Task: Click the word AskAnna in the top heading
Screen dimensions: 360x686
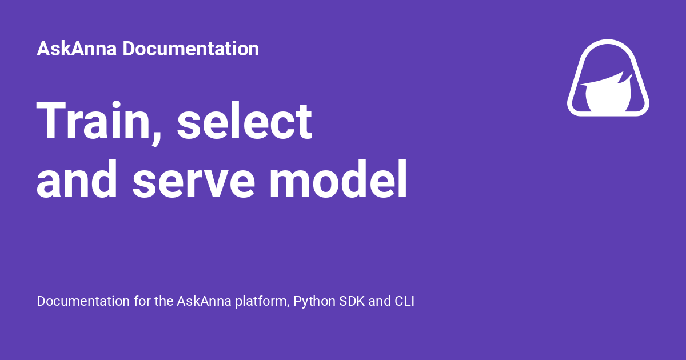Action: tap(77, 49)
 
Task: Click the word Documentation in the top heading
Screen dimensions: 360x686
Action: tap(190, 49)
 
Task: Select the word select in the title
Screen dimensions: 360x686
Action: tap(245, 122)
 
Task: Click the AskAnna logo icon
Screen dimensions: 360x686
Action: tap(608, 78)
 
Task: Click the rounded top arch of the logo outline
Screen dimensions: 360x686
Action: tap(608, 43)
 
